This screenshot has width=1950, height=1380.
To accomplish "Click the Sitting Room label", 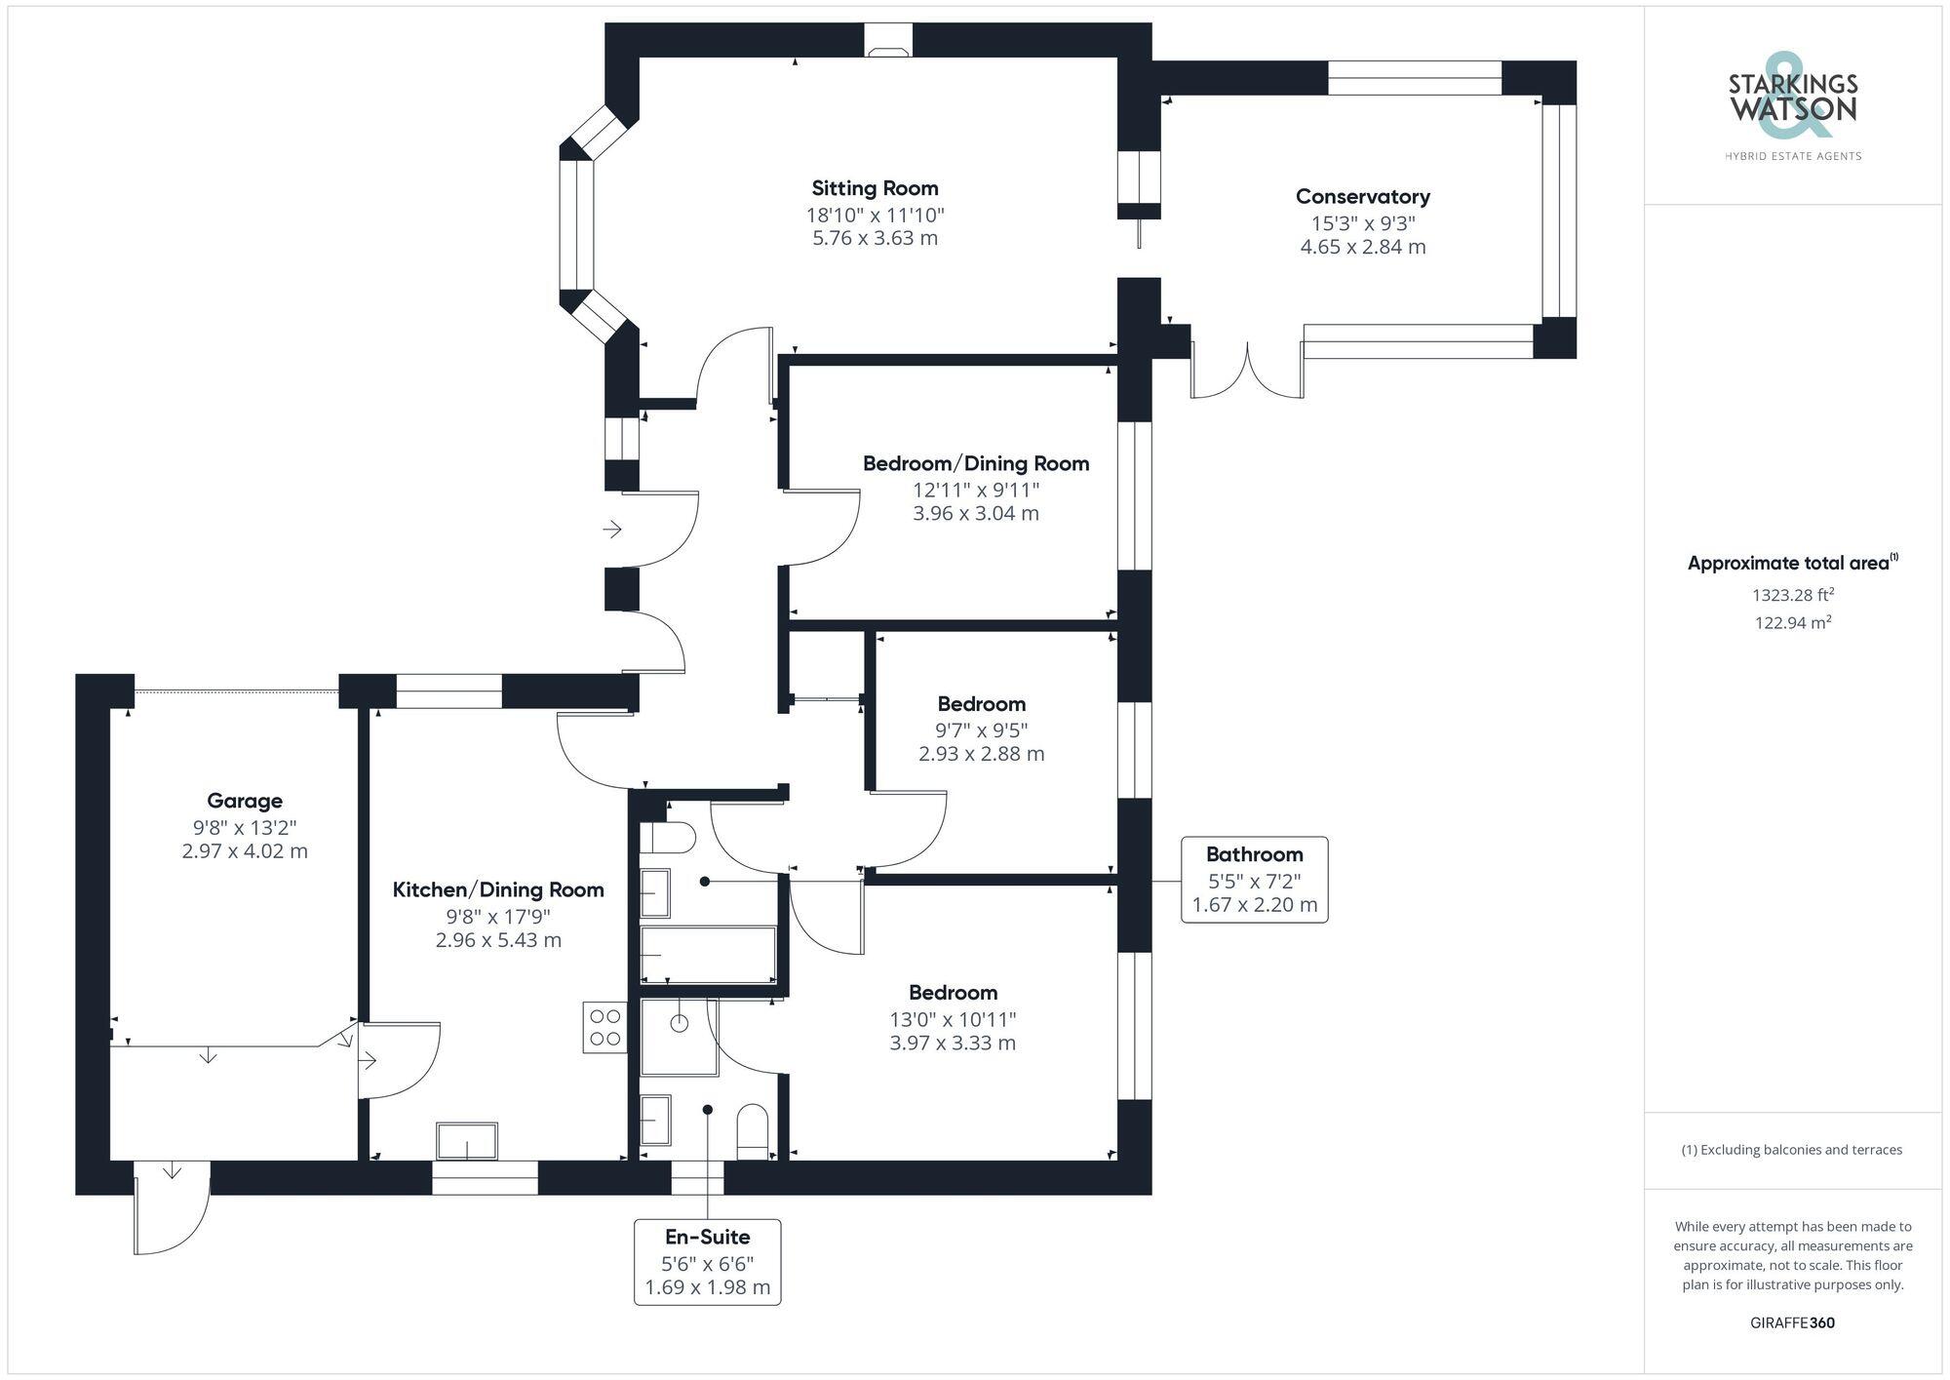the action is pyautogui.click(x=875, y=188).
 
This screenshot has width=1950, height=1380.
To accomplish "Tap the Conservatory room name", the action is pyautogui.click(x=1363, y=196).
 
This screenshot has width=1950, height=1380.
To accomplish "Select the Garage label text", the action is pyautogui.click(x=245, y=801).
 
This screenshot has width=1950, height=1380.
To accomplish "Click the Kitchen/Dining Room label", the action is pyautogui.click(x=498, y=889).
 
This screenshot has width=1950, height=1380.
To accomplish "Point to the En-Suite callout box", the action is pyautogui.click(x=708, y=1262).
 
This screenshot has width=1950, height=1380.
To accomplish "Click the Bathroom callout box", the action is pyautogui.click(x=1255, y=879).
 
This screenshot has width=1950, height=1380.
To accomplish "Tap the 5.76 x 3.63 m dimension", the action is pyautogui.click(x=875, y=238).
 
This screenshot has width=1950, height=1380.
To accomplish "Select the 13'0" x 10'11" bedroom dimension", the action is pyautogui.click(x=953, y=1019).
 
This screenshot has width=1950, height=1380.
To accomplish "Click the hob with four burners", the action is pyautogui.click(x=605, y=1027).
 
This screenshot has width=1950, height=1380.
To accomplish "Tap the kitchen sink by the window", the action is pyautogui.click(x=467, y=1141).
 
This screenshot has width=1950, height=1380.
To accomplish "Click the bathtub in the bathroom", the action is pyautogui.click(x=708, y=954).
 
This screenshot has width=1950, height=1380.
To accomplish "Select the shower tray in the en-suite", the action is pyautogui.click(x=679, y=1037).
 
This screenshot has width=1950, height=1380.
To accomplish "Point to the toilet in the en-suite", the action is pyautogui.click(x=753, y=1132).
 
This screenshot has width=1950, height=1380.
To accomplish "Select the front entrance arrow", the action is pyautogui.click(x=612, y=530).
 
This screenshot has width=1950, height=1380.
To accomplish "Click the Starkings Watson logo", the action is pyautogui.click(x=1793, y=105).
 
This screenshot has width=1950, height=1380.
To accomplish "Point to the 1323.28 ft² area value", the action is pyautogui.click(x=1793, y=595).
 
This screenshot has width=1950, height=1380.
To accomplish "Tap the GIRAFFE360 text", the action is pyautogui.click(x=1793, y=1323).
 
